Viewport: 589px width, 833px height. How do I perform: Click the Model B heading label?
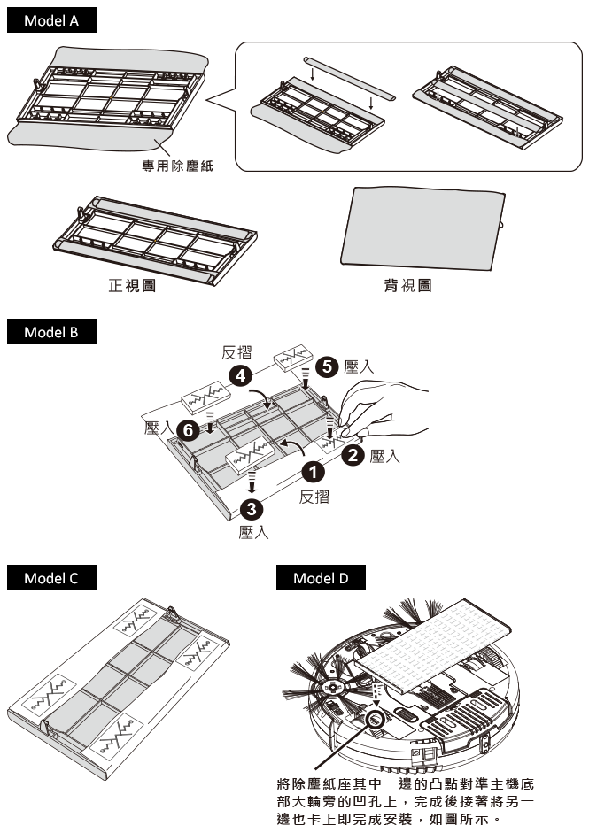pyautogui.click(x=51, y=333)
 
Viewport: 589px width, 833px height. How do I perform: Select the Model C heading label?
pyautogui.click(x=51, y=578)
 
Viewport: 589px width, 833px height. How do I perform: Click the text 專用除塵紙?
pyautogui.click(x=178, y=165)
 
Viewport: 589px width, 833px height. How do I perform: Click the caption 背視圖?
pyautogui.click(x=407, y=286)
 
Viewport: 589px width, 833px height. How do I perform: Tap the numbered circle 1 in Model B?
pyautogui.click(x=311, y=472)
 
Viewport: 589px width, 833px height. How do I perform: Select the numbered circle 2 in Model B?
pyautogui.click(x=352, y=456)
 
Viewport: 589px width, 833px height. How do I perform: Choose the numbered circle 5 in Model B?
pyautogui.click(x=328, y=365)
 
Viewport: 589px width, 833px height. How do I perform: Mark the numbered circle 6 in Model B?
pyautogui.click(x=187, y=429)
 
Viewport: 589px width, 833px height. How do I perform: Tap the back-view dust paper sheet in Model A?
pyautogui.click(x=421, y=226)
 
